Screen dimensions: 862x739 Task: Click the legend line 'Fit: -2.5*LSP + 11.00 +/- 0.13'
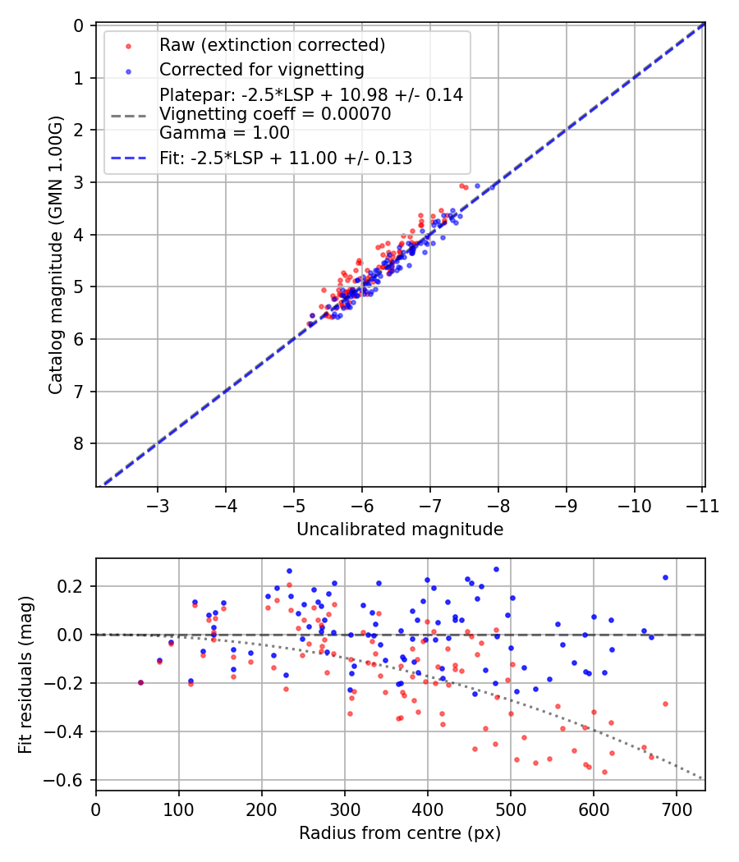click(286, 158)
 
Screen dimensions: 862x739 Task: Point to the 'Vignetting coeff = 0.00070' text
click(275, 114)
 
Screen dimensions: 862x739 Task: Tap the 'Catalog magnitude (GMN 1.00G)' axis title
click(56, 255)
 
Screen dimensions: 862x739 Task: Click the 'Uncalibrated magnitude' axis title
click(400, 530)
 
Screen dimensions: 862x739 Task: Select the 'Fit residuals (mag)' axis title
click(26, 675)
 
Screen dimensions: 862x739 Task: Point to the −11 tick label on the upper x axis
click(700, 506)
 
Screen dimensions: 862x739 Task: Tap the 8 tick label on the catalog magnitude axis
click(79, 443)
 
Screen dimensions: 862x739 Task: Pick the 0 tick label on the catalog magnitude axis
click(79, 25)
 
